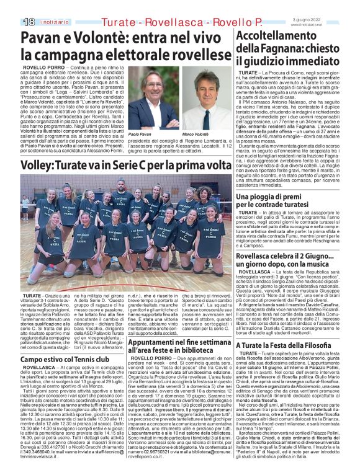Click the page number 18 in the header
coord(29,21)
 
